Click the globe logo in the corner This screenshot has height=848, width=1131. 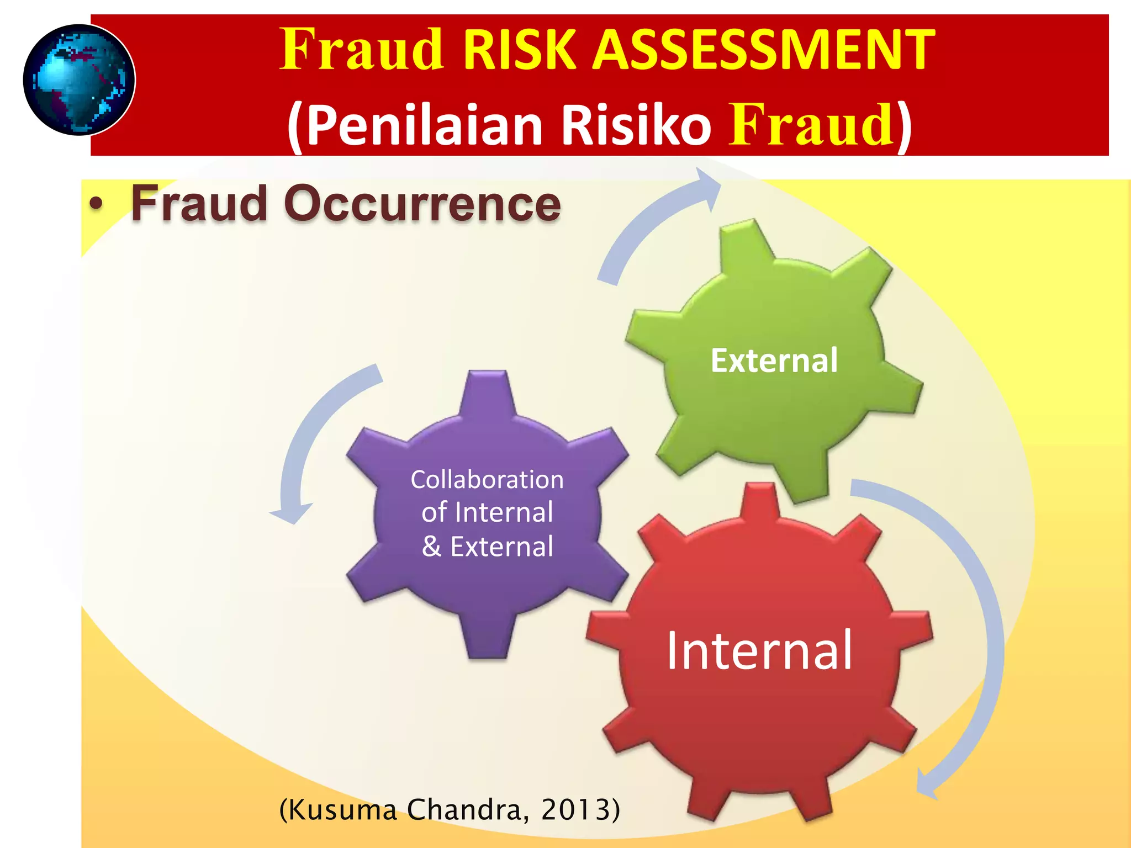click(x=79, y=80)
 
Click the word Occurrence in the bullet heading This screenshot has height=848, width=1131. click(x=422, y=204)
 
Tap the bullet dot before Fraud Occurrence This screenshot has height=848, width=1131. click(x=96, y=205)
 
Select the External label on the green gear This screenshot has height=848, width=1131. click(x=774, y=361)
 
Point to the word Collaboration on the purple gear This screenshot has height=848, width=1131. click(x=487, y=479)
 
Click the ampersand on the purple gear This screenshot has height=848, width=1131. click(x=432, y=547)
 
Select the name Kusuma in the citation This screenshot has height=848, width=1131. click(x=342, y=810)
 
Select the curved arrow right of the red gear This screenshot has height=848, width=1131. click(x=983, y=635)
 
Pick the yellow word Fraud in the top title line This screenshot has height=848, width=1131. click(x=362, y=50)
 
